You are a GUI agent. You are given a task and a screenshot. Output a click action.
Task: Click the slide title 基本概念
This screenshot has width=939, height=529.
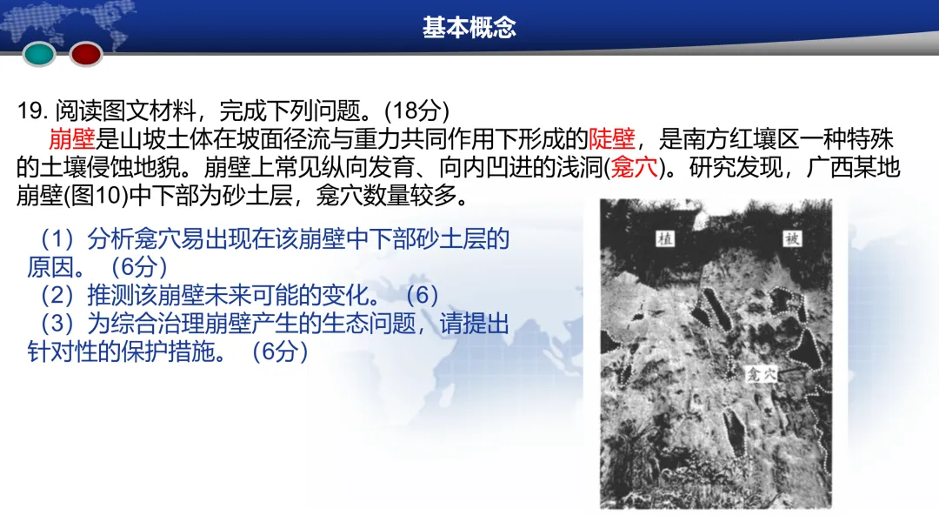point(469,28)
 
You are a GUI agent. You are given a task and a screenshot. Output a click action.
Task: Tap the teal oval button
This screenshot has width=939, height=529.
point(39,54)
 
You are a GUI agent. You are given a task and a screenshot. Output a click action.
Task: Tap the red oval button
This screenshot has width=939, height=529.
point(86,54)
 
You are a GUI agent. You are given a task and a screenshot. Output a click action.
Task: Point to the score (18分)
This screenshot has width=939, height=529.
point(416,110)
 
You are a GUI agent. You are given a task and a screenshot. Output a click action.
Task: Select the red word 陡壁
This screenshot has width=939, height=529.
point(612,138)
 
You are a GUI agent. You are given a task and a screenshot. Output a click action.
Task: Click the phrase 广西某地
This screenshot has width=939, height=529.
point(860,167)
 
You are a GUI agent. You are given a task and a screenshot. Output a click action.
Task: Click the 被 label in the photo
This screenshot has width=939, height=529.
point(789,238)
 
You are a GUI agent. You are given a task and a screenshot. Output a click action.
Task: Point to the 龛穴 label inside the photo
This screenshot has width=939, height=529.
point(759,375)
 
